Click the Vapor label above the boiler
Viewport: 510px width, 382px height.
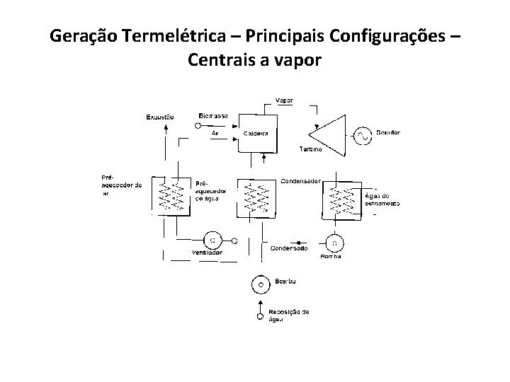(284, 100)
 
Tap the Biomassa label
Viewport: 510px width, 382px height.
(213, 115)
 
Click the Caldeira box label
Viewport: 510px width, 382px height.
(255, 133)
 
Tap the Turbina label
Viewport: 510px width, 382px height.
(310, 150)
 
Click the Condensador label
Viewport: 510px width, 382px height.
(301, 181)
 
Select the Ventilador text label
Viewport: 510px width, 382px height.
(207, 253)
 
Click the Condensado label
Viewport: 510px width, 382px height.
(290, 248)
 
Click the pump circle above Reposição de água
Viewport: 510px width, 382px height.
(261, 284)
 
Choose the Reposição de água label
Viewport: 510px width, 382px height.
(288, 315)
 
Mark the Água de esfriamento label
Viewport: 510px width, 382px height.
(382, 199)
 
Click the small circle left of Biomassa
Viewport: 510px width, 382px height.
(199, 125)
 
